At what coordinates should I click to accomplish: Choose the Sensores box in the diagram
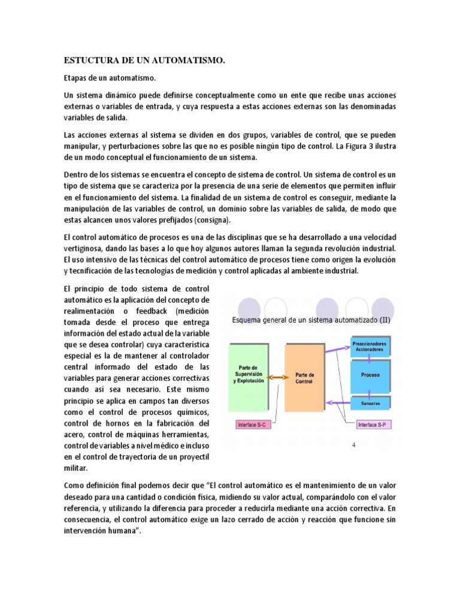pos(370,403)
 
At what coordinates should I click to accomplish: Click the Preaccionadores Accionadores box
pos(370,347)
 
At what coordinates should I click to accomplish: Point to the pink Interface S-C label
pos(254,425)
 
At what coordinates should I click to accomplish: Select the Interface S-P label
pos(374,425)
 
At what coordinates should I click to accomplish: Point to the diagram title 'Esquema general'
pos(311,320)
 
